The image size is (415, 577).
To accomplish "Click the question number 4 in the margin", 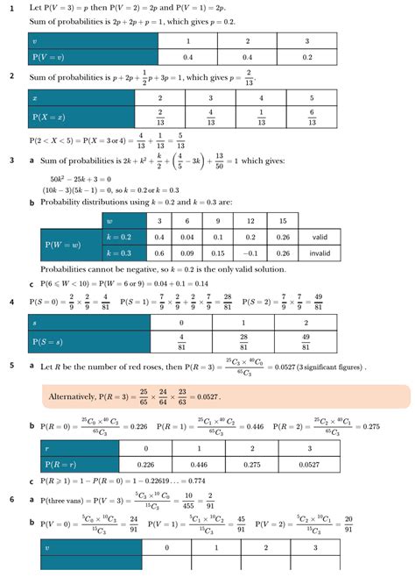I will click(12, 302).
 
